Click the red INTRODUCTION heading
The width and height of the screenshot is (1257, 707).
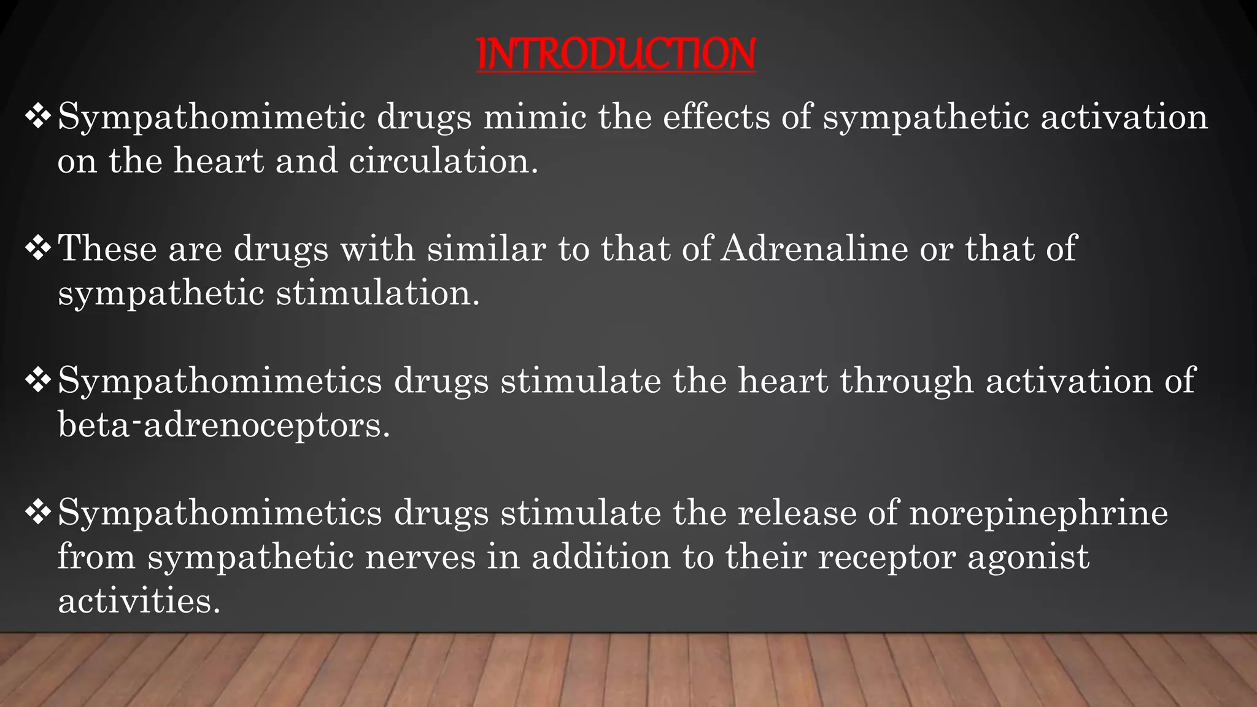click(x=616, y=54)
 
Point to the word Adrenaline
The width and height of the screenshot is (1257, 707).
click(x=814, y=249)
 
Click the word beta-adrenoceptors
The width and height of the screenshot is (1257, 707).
click(x=223, y=424)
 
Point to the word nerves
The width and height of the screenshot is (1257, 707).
click(x=420, y=557)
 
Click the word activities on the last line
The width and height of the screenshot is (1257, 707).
click(x=139, y=600)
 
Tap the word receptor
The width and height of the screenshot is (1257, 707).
click(x=886, y=557)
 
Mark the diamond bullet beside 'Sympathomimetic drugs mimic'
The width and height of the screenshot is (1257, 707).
click(x=37, y=117)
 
